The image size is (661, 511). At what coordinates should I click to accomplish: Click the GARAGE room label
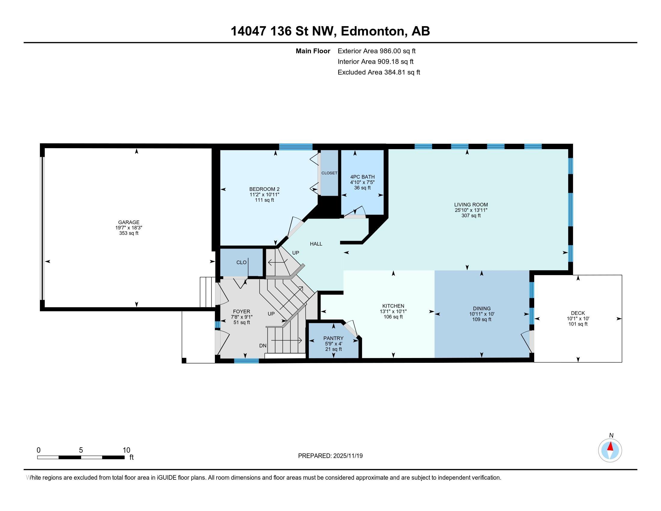pos(129,222)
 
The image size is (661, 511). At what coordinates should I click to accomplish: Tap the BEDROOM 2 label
pos(264,189)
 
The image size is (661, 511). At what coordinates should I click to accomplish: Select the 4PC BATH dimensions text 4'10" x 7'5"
pos(362,182)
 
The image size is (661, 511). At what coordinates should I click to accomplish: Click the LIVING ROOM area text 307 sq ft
pos(471,216)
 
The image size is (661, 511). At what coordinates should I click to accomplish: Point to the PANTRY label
pos(333,338)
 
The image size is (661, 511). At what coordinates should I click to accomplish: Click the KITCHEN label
pos(393,306)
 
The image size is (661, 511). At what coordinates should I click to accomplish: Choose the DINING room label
pos(482,308)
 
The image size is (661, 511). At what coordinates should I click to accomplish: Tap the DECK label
pos(578,313)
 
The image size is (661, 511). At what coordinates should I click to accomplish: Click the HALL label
pos(316,244)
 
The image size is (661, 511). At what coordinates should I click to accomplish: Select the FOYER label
pos(242,311)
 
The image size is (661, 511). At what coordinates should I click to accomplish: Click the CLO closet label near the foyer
pos(241,262)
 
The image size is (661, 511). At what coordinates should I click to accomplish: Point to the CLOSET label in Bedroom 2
pos(329,173)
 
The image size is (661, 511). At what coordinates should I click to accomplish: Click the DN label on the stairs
pos(263,345)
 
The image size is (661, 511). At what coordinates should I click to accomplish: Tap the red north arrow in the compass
pos(610,447)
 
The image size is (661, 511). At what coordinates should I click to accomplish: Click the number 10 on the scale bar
pos(126,450)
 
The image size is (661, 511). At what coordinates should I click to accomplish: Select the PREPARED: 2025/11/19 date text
pos(330,456)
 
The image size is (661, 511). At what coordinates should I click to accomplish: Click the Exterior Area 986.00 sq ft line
pos(376,51)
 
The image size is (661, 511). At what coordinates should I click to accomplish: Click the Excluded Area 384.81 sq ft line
pos(379,72)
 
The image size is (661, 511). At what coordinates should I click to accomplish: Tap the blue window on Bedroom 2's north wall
pos(295,147)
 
